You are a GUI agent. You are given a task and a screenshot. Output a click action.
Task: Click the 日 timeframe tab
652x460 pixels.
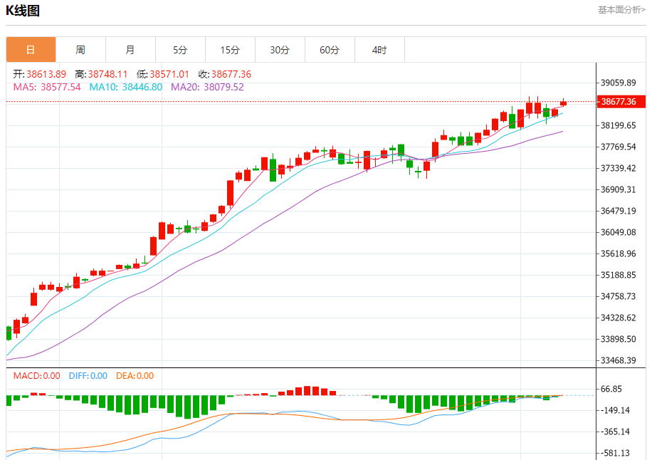click(31, 50)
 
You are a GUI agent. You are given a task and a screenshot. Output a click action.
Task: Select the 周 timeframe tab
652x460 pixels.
click(80, 50)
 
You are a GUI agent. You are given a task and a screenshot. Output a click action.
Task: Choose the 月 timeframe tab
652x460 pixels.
click(130, 50)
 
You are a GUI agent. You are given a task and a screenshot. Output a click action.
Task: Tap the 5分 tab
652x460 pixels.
click(180, 50)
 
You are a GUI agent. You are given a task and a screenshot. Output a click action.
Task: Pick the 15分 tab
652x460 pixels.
click(230, 50)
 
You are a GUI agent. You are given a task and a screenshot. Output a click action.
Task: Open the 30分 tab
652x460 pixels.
click(280, 50)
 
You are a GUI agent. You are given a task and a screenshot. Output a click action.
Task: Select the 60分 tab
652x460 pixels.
click(330, 50)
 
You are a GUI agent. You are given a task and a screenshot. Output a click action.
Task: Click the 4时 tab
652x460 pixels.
click(379, 50)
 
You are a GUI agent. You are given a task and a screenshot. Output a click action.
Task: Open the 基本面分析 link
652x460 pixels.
click(621, 10)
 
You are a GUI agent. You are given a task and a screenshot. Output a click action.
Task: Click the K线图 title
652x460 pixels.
click(23, 11)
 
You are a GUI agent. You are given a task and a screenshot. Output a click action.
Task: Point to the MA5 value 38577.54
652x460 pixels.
click(61, 87)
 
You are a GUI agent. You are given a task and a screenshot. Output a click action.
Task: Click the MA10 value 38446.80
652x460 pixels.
click(142, 87)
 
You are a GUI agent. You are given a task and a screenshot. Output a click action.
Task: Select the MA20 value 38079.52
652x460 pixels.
click(224, 87)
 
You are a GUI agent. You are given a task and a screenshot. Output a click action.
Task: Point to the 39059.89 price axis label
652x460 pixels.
click(618, 83)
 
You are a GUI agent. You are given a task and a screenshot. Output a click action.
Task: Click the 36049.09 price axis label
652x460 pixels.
click(618, 232)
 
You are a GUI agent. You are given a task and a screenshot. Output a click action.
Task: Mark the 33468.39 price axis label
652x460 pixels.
click(618, 360)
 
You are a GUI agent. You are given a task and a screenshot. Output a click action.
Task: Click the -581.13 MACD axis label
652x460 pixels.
click(616, 453)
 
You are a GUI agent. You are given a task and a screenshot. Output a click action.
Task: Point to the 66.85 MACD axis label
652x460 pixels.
click(612, 389)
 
